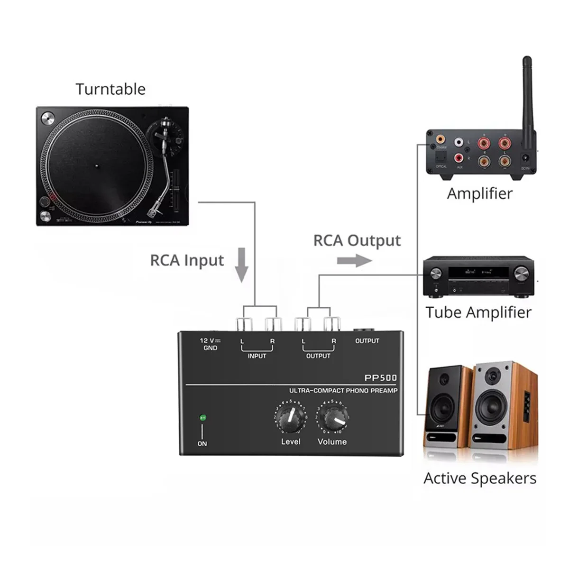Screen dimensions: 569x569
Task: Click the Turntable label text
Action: click(110, 89)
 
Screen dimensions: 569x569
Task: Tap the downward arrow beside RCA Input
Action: click(242, 265)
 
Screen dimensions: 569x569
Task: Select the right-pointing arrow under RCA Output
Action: click(354, 260)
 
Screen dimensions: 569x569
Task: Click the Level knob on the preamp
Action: click(290, 417)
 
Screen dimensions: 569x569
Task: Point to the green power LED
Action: click(203, 418)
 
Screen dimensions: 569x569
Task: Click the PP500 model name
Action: click(380, 378)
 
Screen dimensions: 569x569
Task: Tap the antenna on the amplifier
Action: click(527, 95)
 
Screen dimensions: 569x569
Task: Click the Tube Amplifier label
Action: click(478, 312)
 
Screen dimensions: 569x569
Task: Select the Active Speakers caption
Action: click(480, 478)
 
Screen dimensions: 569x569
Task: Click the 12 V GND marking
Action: click(210, 344)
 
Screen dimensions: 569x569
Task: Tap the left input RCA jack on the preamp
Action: click(243, 325)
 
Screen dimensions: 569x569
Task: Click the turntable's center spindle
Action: click(96, 166)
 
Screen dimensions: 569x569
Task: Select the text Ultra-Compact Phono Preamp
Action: click(343, 391)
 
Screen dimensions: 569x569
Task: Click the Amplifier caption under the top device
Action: click(479, 193)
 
